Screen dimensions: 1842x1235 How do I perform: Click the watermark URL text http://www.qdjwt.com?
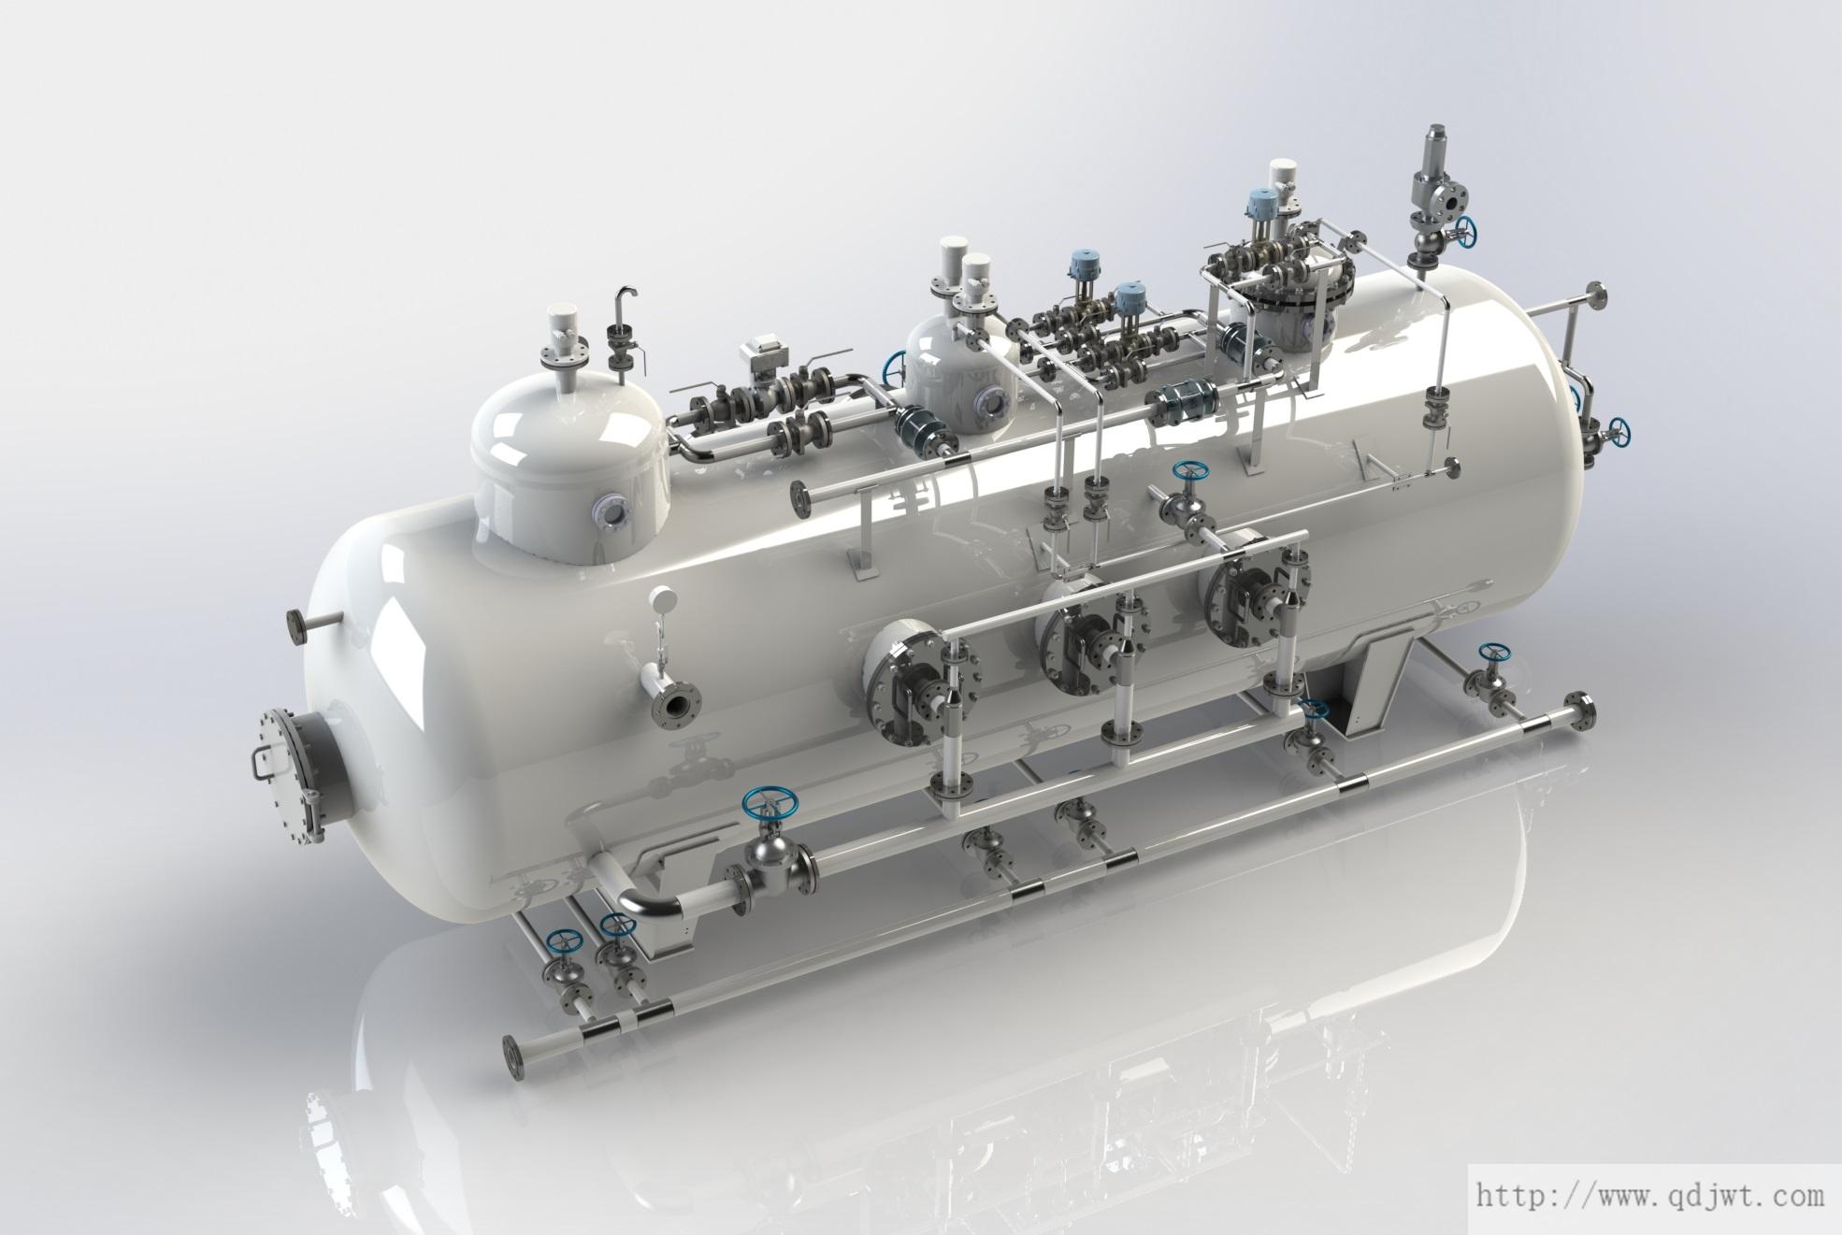[1649, 1195]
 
